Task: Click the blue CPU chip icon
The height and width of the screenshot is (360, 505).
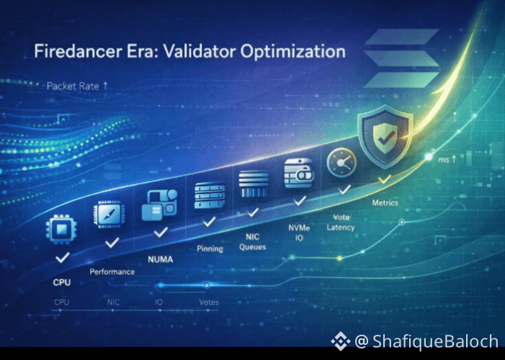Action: [61, 230]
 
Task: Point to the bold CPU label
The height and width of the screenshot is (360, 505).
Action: [62, 282]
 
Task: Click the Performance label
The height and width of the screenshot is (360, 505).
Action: [112, 271]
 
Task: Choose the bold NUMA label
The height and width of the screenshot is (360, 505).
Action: [161, 259]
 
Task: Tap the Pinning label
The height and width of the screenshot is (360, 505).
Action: [210, 248]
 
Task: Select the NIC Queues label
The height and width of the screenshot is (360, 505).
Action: [252, 242]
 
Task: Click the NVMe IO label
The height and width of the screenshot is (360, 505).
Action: [299, 233]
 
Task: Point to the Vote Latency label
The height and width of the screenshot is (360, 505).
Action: [341, 222]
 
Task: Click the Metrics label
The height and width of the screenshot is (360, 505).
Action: [385, 203]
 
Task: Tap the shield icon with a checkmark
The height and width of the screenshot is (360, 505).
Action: [385, 136]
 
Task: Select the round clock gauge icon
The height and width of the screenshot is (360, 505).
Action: [341, 163]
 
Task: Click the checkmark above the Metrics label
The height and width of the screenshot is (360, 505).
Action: [384, 179]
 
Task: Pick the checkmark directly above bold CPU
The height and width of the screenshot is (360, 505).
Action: [63, 258]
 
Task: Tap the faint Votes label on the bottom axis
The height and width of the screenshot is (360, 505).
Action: [209, 302]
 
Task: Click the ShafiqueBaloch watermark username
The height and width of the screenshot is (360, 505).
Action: [435, 341]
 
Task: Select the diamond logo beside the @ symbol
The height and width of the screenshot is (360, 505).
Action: [341, 341]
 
